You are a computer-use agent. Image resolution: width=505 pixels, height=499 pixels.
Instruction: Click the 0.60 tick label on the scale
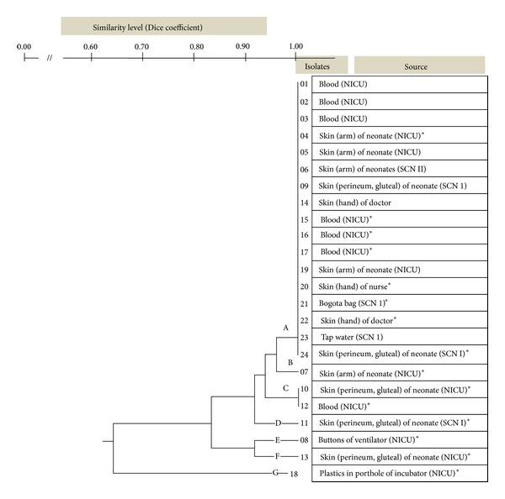pyautogui.click(x=89, y=45)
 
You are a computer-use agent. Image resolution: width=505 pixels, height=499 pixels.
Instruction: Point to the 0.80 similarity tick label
pyautogui.click(x=194, y=45)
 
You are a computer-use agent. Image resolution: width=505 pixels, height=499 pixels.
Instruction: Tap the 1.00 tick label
pyautogui.click(x=295, y=45)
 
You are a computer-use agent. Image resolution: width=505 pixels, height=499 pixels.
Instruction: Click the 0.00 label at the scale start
pyautogui.click(x=24, y=45)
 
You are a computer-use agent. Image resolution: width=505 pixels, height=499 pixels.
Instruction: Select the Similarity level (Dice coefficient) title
pyautogui.click(x=152, y=27)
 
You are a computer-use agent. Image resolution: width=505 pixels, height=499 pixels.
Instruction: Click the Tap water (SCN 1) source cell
pyautogui.click(x=351, y=337)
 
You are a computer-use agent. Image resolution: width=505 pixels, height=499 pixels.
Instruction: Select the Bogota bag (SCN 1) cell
pyautogui.click(x=354, y=303)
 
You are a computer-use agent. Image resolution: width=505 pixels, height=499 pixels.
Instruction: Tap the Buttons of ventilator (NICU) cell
pyautogui.click(x=369, y=439)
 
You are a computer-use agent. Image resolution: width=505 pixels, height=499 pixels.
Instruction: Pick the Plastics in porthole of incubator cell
pyautogui.click(x=389, y=474)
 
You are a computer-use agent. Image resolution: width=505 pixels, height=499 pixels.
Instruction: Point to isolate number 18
pyautogui.click(x=295, y=474)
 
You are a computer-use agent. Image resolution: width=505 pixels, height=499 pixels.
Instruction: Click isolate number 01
pyautogui.click(x=304, y=84)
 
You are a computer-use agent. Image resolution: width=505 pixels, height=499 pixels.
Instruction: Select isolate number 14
pyautogui.click(x=304, y=202)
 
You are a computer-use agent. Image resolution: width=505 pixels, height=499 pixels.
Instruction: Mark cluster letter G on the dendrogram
pyautogui.click(x=274, y=474)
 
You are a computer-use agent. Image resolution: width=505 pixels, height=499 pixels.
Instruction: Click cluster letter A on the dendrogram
pyautogui.click(x=285, y=327)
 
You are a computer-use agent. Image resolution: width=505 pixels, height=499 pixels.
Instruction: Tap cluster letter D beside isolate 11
pyautogui.click(x=278, y=423)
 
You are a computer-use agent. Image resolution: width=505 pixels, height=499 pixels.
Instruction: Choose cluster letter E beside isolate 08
pyautogui.click(x=278, y=439)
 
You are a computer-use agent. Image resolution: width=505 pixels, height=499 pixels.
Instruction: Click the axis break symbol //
pyautogui.click(x=50, y=58)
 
